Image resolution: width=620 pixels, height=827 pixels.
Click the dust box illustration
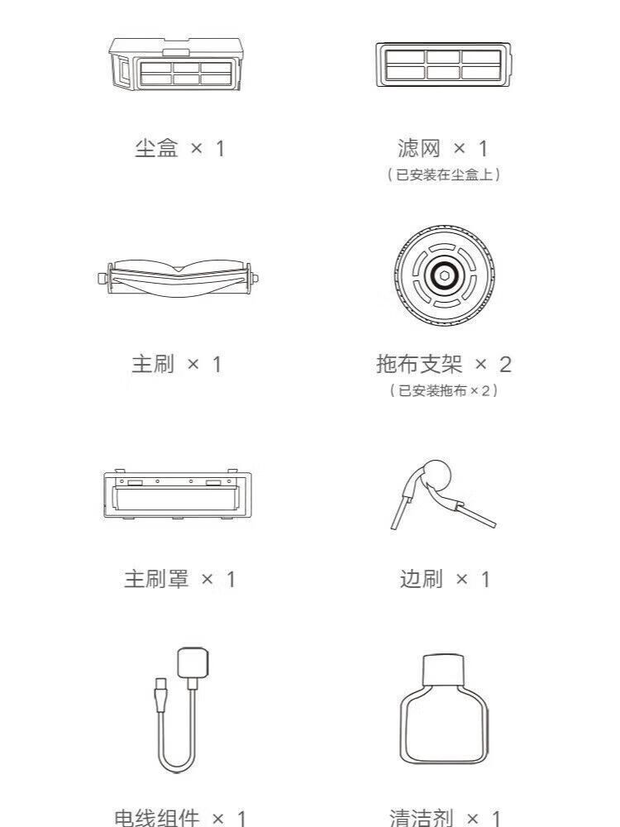176,64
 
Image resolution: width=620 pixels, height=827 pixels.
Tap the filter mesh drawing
443,65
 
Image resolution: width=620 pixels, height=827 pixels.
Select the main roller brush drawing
179,278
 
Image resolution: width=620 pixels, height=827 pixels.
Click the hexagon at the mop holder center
444,275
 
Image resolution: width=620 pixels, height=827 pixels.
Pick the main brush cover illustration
177,494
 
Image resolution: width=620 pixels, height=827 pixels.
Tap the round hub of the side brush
436,476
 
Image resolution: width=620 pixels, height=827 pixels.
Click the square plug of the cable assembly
193,662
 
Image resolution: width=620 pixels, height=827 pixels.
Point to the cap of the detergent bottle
443,671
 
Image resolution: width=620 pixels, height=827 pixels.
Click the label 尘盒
156,148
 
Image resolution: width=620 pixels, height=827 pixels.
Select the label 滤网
419,148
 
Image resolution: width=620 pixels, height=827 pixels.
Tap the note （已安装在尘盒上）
443,174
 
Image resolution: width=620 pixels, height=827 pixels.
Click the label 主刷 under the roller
153,364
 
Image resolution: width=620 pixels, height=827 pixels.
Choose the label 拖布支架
419,364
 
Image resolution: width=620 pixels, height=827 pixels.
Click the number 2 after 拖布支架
505,365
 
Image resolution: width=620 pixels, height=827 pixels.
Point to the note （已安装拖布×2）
443,390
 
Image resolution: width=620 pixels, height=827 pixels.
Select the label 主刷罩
156,579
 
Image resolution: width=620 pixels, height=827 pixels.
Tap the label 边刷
422,579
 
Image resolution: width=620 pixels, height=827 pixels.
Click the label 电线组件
157,818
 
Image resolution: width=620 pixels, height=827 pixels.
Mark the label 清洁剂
422,818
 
